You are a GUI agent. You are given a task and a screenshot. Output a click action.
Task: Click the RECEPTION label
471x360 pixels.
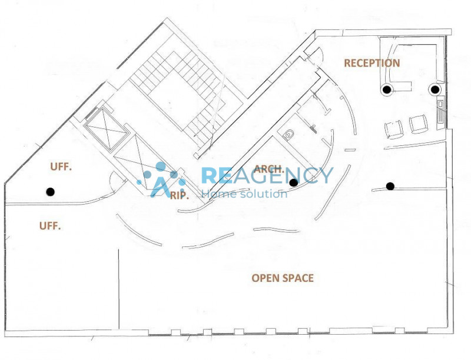(372, 63)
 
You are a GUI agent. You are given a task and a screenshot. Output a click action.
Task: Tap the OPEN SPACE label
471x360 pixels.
(283, 278)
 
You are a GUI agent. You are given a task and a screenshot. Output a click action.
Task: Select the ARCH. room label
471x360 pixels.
(269, 169)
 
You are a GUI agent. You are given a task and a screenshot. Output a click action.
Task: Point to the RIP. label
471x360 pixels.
(180, 196)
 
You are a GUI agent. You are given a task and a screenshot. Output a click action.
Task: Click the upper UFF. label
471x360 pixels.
(61, 167)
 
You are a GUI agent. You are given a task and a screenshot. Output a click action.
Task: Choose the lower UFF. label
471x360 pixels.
(50, 226)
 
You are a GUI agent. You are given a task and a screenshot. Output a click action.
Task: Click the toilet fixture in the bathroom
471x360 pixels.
(288, 134)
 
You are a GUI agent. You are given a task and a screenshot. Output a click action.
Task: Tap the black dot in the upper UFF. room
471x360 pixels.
(50, 192)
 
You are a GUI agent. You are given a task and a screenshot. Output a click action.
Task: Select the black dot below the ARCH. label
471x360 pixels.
(293, 182)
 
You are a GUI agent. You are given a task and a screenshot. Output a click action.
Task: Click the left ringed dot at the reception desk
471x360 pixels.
(387, 89)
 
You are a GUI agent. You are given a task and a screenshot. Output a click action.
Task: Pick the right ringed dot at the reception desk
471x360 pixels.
(434, 89)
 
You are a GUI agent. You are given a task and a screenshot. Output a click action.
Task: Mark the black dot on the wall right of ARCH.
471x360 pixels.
(390, 186)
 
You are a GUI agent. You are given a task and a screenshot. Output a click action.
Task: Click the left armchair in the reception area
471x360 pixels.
(394, 129)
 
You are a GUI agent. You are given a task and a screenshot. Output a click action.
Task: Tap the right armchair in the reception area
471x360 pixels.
(419, 124)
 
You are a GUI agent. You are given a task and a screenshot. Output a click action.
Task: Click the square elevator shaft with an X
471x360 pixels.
(105, 129)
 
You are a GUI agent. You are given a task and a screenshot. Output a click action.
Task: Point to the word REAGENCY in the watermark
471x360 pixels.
(267, 175)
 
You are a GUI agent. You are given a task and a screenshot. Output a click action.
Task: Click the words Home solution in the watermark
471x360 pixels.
(244, 194)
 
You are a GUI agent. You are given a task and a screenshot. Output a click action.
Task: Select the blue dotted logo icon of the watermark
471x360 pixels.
(161, 179)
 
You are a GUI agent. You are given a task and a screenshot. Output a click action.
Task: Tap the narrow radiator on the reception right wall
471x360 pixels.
(440, 112)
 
